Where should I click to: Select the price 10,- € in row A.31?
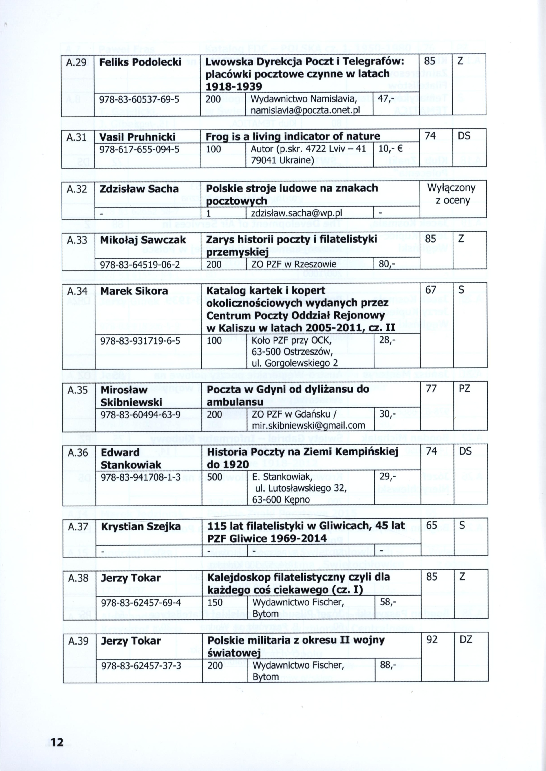(x=390, y=149)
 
